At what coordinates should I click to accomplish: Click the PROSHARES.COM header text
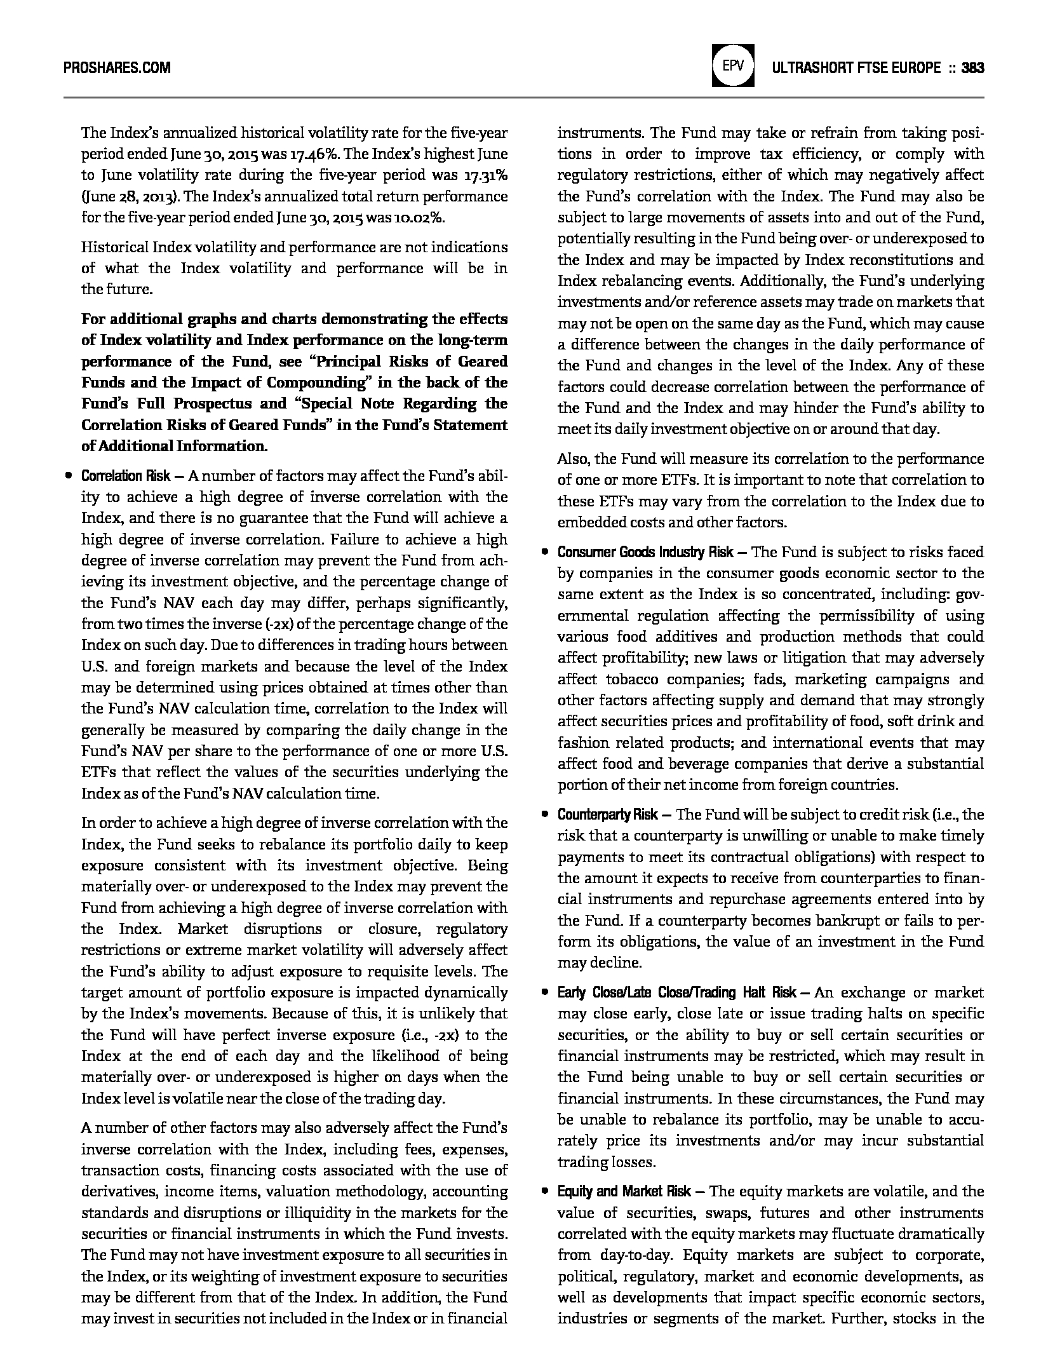click(117, 68)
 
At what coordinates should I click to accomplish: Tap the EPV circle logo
click(733, 65)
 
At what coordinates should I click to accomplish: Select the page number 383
click(972, 68)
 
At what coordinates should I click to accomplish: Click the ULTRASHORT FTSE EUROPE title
click(856, 68)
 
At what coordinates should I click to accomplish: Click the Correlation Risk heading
click(126, 476)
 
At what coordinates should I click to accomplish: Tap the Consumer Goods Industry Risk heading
click(645, 552)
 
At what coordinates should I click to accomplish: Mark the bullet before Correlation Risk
click(67, 476)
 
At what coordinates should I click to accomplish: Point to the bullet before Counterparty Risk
click(544, 815)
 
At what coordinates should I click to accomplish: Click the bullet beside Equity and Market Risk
click(544, 1191)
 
